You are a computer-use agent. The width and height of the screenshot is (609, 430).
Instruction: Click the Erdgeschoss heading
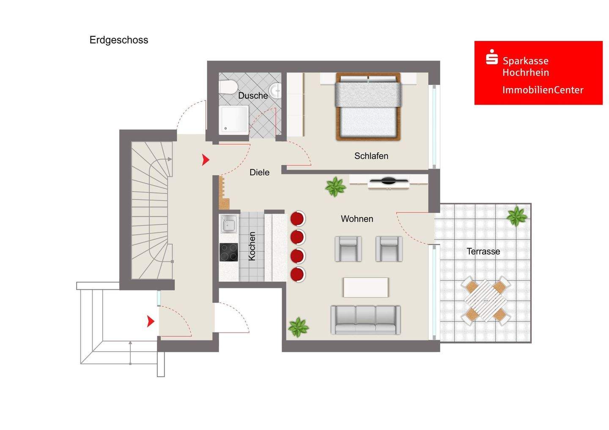pos(119,40)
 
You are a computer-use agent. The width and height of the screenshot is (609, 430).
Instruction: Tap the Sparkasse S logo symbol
pos(491,57)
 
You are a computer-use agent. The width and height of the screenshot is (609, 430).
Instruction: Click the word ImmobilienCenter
pos(543,90)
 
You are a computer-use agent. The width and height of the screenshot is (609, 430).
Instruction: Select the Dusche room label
pos(253,95)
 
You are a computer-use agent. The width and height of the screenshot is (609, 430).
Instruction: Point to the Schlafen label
pos(371,156)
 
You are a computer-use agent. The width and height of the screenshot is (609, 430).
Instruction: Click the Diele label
pos(259,172)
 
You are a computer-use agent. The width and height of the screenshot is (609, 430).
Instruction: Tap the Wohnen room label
pos(357,219)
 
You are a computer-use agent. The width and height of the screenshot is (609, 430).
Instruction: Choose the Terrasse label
pos(483,251)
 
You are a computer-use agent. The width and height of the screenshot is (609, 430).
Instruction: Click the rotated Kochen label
pos(252,246)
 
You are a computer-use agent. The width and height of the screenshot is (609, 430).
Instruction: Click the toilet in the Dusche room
pos(228,87)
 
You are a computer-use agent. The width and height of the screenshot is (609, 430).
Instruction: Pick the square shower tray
pos(234,120)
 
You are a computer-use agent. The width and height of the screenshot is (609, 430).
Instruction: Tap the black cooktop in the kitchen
pos(229,252)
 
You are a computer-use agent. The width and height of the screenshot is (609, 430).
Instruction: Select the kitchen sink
pos(229,224)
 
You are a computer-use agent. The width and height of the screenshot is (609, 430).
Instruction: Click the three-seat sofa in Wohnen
pos(365,320)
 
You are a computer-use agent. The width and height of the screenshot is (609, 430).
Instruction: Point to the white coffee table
pos(366,287)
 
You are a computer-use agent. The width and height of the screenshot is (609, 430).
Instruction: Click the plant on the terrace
pos(516,216)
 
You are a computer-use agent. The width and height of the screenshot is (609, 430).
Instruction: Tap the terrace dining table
pos(486,301)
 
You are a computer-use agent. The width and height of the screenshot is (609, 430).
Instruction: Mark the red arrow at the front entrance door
pos(151,321)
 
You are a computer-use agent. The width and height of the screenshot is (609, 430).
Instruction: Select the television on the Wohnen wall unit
pos(389,180)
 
